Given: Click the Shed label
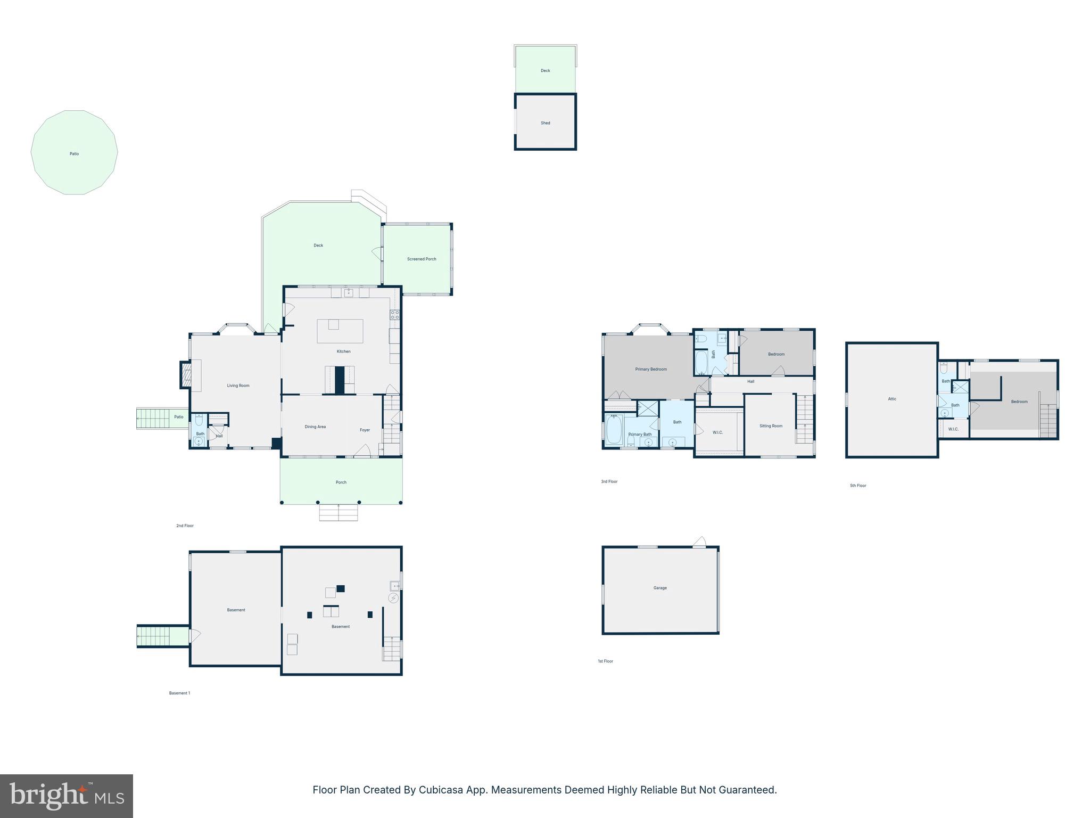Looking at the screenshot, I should [545, 123].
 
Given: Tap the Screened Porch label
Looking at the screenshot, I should [422, 259].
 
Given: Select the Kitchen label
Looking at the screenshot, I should [343, 351].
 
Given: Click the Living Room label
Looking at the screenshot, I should [238, 386].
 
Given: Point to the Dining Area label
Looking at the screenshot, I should [315, 427].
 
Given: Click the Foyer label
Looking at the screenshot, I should [365, 430].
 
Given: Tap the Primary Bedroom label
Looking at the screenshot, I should [650, 369].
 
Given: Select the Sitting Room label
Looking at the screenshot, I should [771, 426].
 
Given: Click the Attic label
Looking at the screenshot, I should [892, 399].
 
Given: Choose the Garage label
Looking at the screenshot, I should [660, 588].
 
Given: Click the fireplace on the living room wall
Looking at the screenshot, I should [185, 375].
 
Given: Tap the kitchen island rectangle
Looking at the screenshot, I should [340, 331].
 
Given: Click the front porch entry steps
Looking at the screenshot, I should [338, 513].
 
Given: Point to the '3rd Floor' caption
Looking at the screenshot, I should [609, 481].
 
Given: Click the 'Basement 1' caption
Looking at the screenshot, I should [179, 693].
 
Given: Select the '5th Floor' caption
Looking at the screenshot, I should [858, 486].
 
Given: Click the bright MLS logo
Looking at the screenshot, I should [67, 796].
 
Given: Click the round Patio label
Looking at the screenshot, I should [74, 154].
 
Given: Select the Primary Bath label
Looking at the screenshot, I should [640, 435].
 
